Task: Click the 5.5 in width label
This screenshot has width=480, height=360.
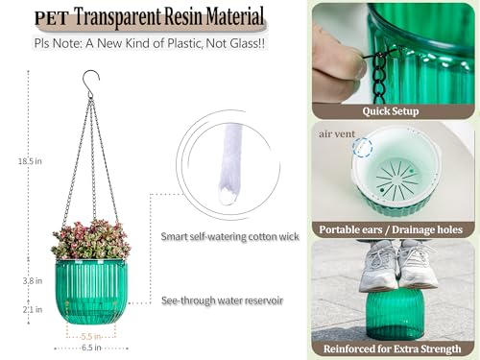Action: [x=92, y=336]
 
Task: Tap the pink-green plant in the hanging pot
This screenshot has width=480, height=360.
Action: [x=92, y=237]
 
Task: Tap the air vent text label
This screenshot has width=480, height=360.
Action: [x=337, y=135]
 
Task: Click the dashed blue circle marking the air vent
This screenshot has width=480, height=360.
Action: [x=363, y=147]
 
